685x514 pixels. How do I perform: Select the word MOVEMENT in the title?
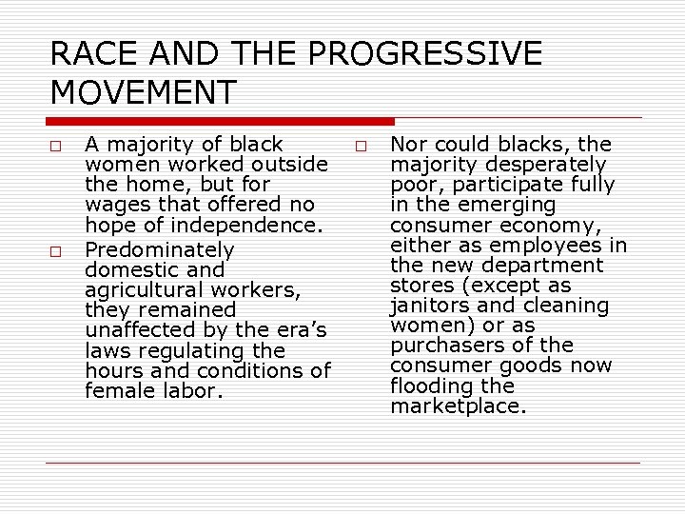(x=143, y=93)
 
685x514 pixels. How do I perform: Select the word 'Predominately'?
(x=159, y=249)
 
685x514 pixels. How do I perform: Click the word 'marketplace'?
(x=458, y=406)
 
